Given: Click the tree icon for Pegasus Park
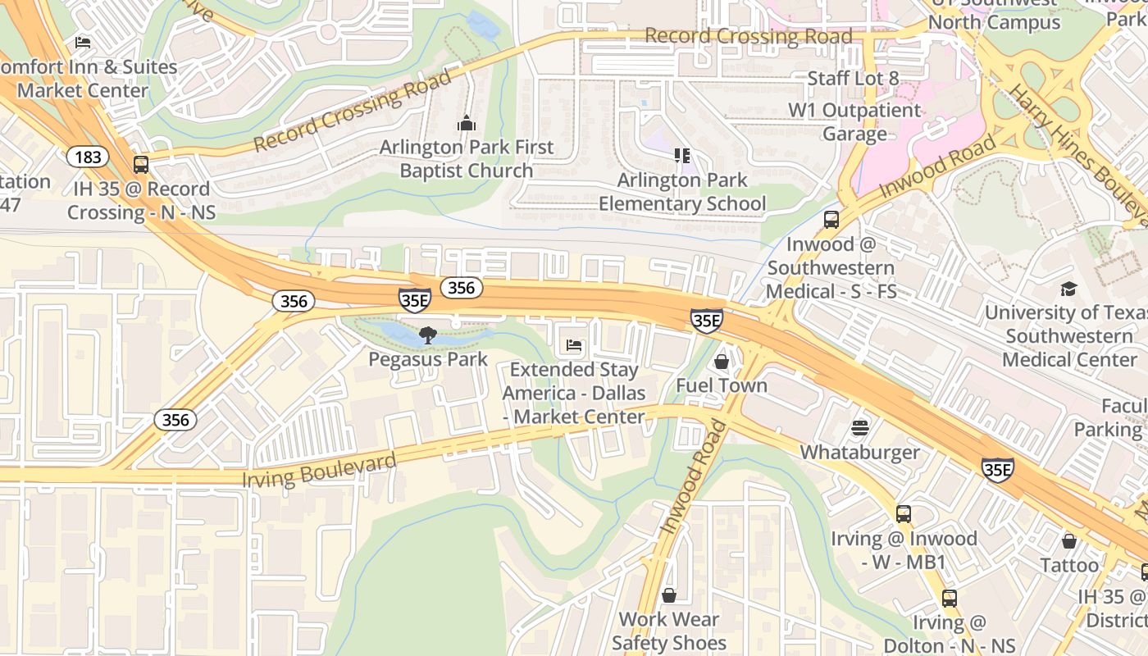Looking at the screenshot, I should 427,335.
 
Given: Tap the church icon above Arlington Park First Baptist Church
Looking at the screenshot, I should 467,124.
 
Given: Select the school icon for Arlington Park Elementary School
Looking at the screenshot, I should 681,155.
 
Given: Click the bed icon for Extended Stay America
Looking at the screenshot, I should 574,346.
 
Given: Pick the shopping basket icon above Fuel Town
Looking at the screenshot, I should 722,362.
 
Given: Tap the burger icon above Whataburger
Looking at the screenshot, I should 859,428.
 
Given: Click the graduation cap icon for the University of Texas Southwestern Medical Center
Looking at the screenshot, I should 1068,289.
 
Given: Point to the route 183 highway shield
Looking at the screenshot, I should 85,157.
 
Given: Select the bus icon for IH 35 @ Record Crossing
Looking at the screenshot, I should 141,165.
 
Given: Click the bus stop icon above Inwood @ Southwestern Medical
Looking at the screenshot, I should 831,220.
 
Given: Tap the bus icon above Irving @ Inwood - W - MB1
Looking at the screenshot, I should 904,514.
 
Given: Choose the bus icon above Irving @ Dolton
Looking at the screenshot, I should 949,599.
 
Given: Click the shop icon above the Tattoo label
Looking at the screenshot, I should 1068,541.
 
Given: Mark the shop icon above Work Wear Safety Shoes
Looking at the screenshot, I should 669,595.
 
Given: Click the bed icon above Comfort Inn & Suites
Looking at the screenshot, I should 83,43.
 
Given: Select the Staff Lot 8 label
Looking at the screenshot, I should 853,79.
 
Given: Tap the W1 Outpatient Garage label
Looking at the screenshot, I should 854,122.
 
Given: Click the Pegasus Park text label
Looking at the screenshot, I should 428,359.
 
